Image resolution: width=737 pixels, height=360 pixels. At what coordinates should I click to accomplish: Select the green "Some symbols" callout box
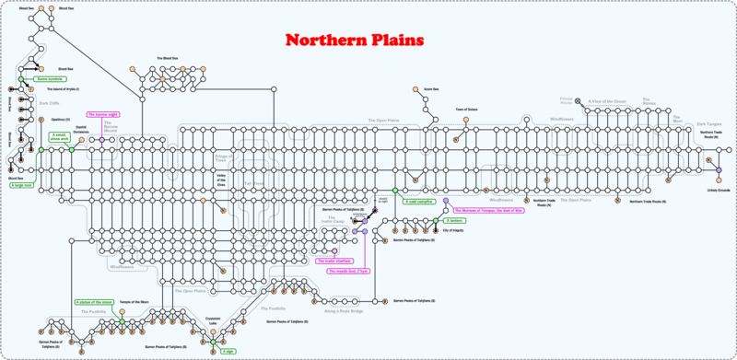point(48,79)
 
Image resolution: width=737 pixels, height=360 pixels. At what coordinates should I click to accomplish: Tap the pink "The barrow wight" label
point(104,114)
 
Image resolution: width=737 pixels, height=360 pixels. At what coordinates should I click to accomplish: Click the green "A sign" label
point(228,351)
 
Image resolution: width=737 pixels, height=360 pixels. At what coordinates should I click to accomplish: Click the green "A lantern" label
point(453,221)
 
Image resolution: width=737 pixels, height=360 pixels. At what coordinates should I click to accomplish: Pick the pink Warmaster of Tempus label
point(493,210)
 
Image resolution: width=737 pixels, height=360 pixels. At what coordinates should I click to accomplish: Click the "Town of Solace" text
point(466,109)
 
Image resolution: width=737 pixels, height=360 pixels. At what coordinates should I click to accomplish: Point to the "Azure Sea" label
point(429,89)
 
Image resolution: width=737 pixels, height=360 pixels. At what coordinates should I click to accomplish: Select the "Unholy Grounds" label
point(718,191)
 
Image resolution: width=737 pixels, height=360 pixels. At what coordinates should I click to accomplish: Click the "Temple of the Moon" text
point(134,301)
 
